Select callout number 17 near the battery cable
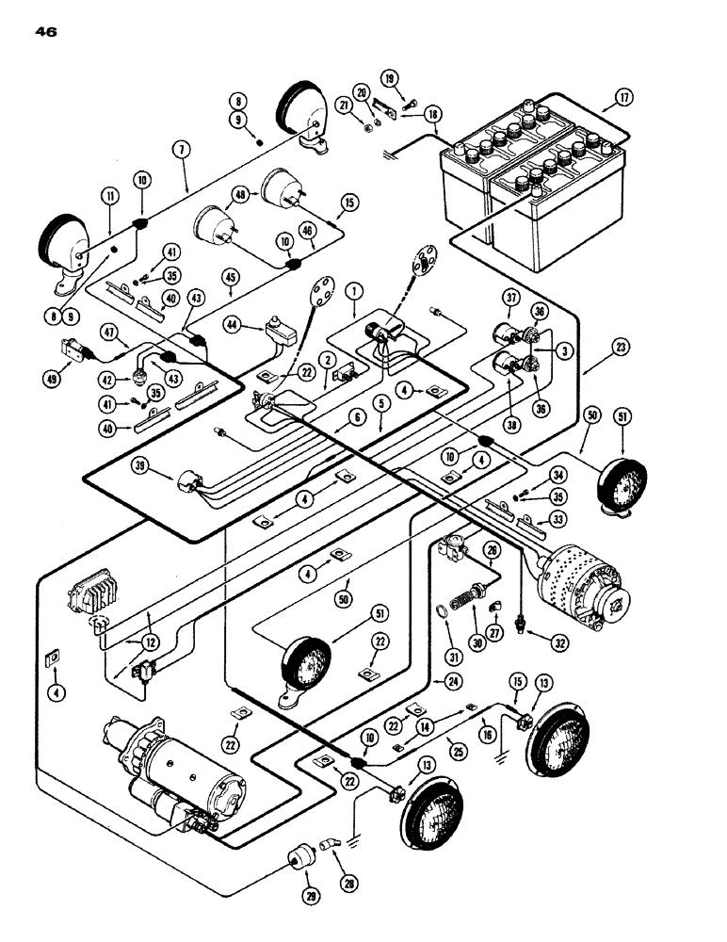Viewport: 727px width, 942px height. pyautogui.click(x=623, y=97)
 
